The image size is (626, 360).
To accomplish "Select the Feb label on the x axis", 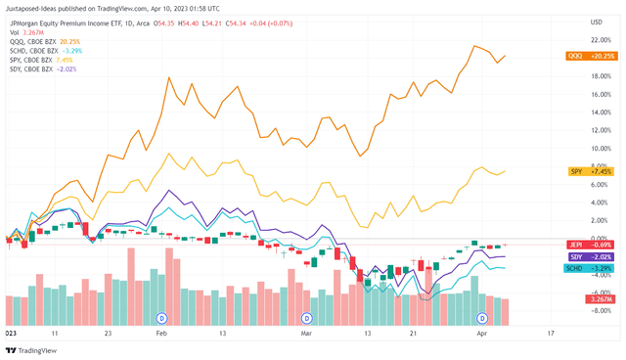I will pyautogui.click(x=162, y=334).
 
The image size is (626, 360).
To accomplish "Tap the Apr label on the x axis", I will pyautogui.click(x=482, y=334).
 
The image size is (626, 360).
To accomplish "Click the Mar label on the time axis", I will pyautogui.click(x=306, y=334).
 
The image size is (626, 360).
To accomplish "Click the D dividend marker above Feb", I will pyautogui.click(x=162, y=319).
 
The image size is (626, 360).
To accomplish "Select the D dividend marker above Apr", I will pyautogui.click(x=482, y=319).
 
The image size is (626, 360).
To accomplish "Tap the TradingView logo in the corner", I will pyautogui.click(x=29, y=349).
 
